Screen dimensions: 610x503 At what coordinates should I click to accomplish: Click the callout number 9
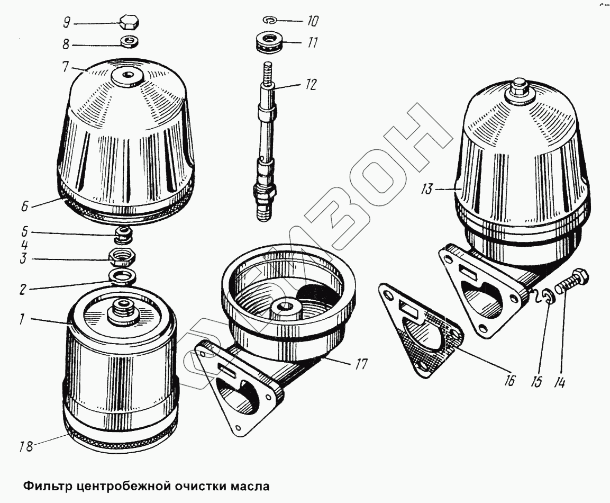point(67,23)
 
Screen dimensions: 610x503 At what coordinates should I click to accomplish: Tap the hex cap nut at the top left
point(129,23)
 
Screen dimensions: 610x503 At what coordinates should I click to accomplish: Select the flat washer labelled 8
point(129,41)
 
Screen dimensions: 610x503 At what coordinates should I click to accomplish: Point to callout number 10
point(312,21)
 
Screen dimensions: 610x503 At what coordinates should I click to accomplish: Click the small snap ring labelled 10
point(270,20)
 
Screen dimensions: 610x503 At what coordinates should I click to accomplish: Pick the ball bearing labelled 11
point(270,42)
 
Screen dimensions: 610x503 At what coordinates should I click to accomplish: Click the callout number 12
point(311,85)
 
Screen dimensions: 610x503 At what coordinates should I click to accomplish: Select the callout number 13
point(426,189)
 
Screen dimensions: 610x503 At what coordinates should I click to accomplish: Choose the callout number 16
point(509,380)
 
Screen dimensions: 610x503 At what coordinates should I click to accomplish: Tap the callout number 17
point(361,364)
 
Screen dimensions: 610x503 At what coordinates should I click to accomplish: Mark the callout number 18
point(26,446)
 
